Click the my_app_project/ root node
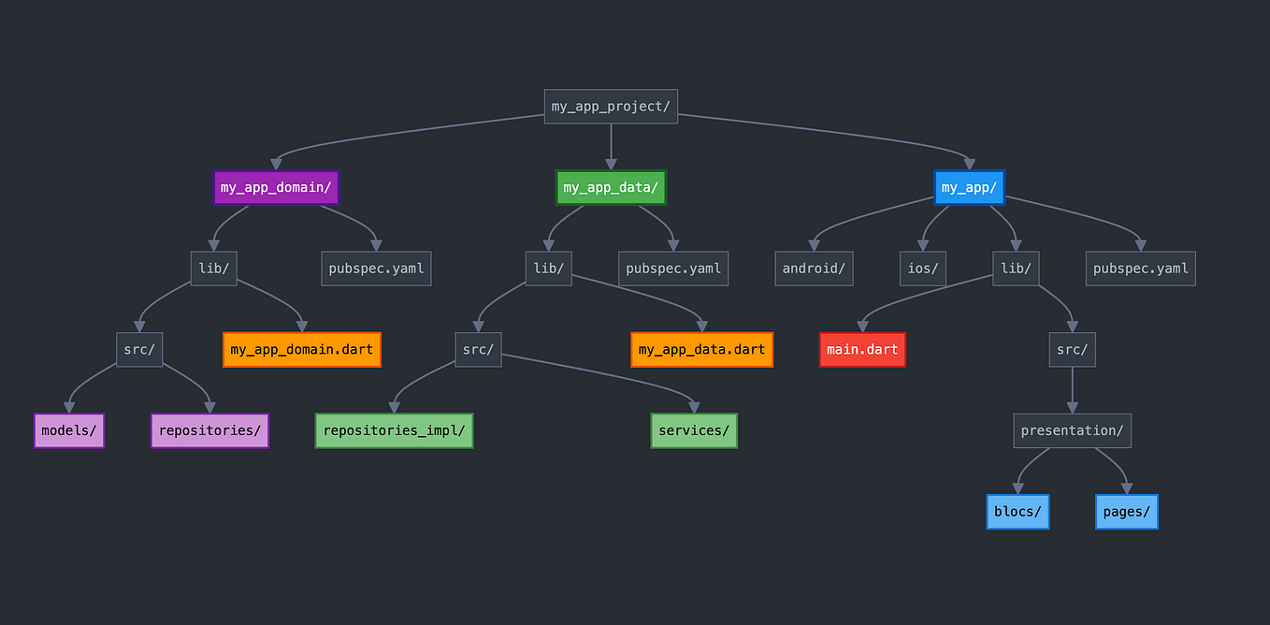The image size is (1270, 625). pos(611,107)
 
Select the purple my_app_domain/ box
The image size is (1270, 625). pos(276,187)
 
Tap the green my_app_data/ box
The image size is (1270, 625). pos(611,187)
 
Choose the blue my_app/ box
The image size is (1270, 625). pos(969,187)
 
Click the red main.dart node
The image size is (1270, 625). pos(862,350)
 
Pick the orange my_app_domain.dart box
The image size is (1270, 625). pos(301,350)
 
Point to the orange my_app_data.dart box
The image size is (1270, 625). pos(701,350)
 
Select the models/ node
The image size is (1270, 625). pos(69,430)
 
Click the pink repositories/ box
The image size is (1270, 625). pos(209,430)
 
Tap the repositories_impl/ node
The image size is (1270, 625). pos(394,430)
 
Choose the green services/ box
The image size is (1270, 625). pos(694,430)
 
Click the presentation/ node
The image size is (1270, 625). pos(1072,430)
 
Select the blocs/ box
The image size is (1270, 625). pos(1017,512)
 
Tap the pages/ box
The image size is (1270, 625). pos(1126,512)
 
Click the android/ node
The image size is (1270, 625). pos(814,269)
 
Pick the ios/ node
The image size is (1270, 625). pos(923,269)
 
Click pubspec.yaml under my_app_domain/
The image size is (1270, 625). pos(376,269)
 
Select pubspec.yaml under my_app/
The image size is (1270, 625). pos(1140,269)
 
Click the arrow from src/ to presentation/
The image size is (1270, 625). pos(1072,390)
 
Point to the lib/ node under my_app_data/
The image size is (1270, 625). pos(548,269)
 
